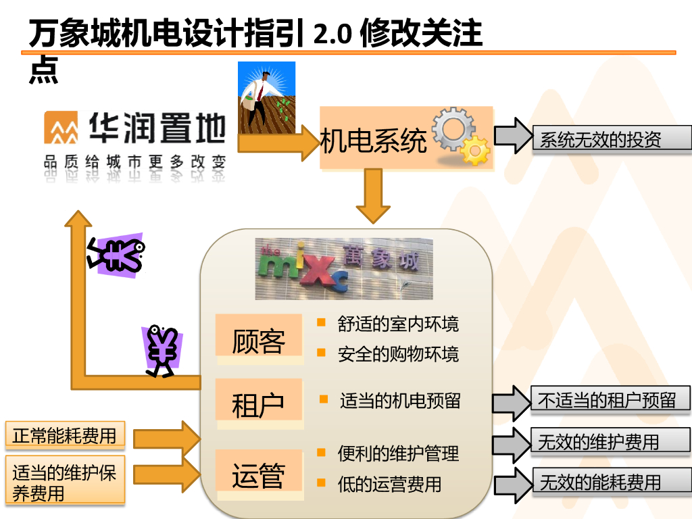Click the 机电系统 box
374,141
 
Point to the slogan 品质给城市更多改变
134,162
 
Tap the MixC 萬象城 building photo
343,268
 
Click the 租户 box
258,403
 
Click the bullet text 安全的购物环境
398,353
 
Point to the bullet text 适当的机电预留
400,401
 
